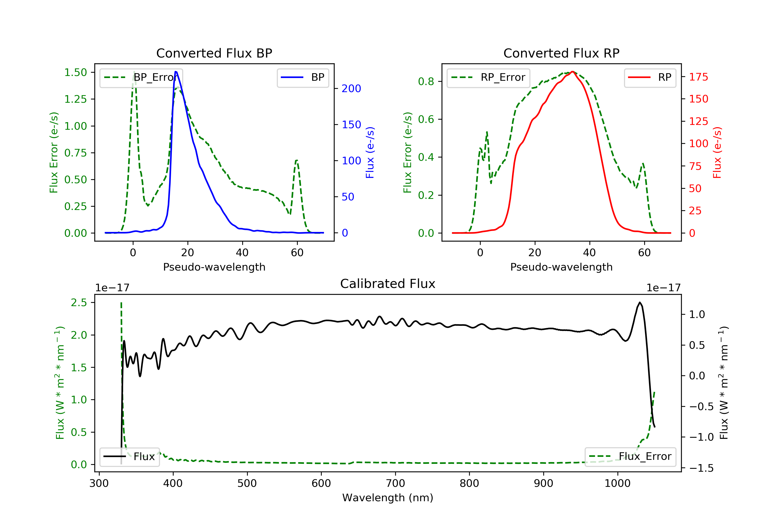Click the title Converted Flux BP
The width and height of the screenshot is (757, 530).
(214, 53)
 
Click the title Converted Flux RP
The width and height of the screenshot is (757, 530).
(561, 53)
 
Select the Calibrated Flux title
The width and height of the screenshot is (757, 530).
(388, 284)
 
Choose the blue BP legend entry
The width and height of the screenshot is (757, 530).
(303, 77)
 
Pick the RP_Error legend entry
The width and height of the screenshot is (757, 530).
(488, 77)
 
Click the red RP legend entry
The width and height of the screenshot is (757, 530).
(650, 77)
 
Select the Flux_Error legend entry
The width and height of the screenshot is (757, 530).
(630, 457)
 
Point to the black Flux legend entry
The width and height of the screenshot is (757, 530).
(129, 457)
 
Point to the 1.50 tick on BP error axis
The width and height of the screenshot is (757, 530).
(75, 72)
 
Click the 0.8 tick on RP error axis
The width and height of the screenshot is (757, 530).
(426, 82)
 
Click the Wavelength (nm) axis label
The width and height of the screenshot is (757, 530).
(388, 498)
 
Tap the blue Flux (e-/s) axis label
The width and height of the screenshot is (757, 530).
(370, 153)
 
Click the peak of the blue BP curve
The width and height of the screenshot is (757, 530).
(176, 72)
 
